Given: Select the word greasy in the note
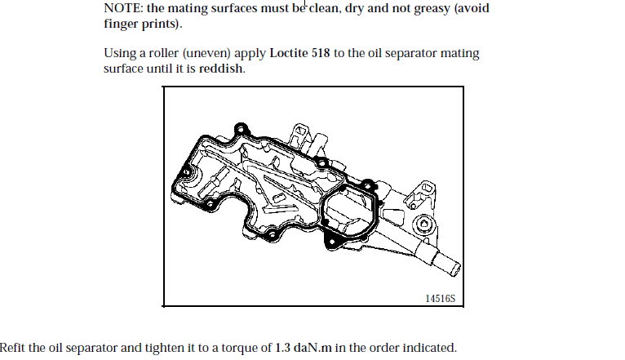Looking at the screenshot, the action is point(432,9).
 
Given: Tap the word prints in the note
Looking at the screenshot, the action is point(162,24).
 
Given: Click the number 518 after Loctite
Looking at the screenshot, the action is point(321,53).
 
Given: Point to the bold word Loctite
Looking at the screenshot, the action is point(288,53).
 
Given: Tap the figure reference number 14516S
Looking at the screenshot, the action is point(440,299).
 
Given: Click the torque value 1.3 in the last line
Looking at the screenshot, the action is point(282,348).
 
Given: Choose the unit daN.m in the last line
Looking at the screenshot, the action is point(312,348).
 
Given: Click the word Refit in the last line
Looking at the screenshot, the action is point(12,348).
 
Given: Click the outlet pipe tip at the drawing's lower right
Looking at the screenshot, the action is point(455,269).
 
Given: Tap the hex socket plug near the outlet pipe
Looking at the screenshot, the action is point(424,224).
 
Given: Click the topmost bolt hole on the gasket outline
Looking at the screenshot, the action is point(241,129).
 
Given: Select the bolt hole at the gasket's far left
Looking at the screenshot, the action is point(186,172).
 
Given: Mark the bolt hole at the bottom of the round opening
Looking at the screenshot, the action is point(331,242).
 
